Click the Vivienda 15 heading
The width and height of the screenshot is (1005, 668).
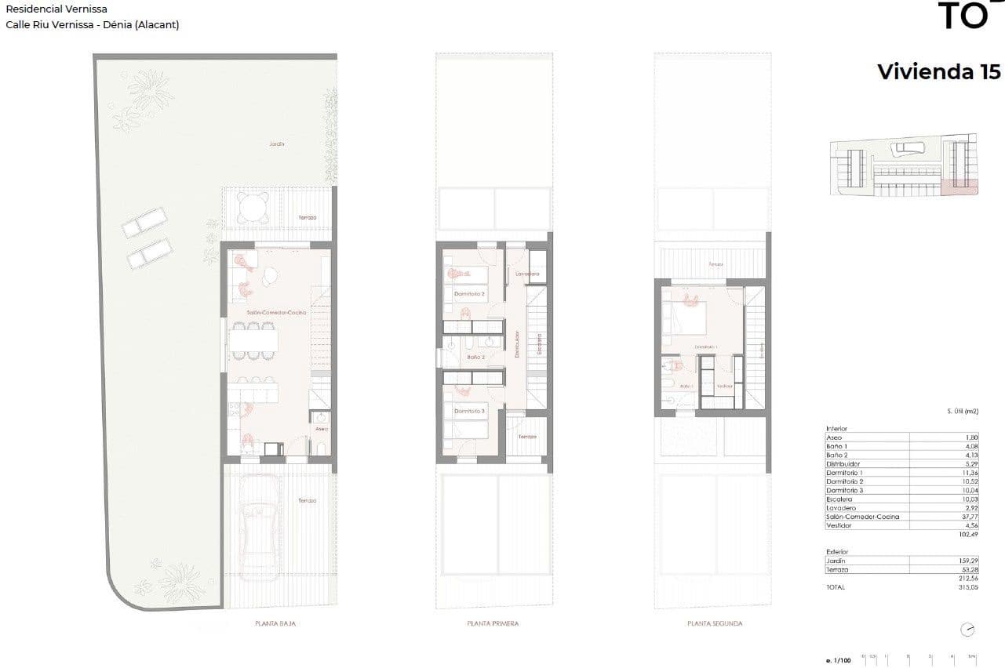[x=938, y=71]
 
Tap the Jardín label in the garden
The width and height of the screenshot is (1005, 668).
[x=275, y=144]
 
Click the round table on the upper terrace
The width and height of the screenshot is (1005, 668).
[x=253, y=208]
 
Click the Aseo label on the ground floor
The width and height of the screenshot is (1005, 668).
[x=321, y=429]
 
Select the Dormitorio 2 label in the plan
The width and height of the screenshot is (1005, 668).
[x=469, y=294]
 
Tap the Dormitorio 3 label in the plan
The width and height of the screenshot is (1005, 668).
[x=469, y=411]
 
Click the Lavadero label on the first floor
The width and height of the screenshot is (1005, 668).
[x=527, y=274]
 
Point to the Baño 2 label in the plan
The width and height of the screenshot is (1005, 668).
[x=475, y=357]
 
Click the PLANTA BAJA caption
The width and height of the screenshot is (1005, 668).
[x=275, y=624]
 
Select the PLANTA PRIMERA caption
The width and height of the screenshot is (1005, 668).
[x=493, y=624]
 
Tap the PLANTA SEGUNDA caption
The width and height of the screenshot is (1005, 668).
[x=714, y=624]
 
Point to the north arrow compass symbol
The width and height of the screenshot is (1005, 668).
[x=968, y=630]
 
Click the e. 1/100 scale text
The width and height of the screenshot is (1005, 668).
[x=839, y=661]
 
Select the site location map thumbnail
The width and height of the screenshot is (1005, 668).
[x=904, y=165]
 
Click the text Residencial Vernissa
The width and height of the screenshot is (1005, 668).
[x=56, y=9]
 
